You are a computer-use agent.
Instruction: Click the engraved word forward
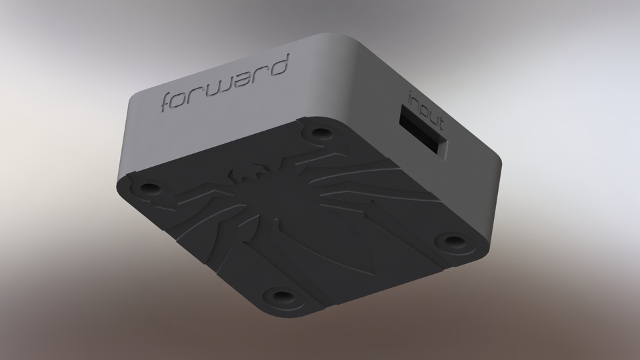[225, 85]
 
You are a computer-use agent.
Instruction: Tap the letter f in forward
[169, 103]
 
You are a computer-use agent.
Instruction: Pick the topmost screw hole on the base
[318, 132]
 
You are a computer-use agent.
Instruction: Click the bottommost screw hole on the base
[281, 294]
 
